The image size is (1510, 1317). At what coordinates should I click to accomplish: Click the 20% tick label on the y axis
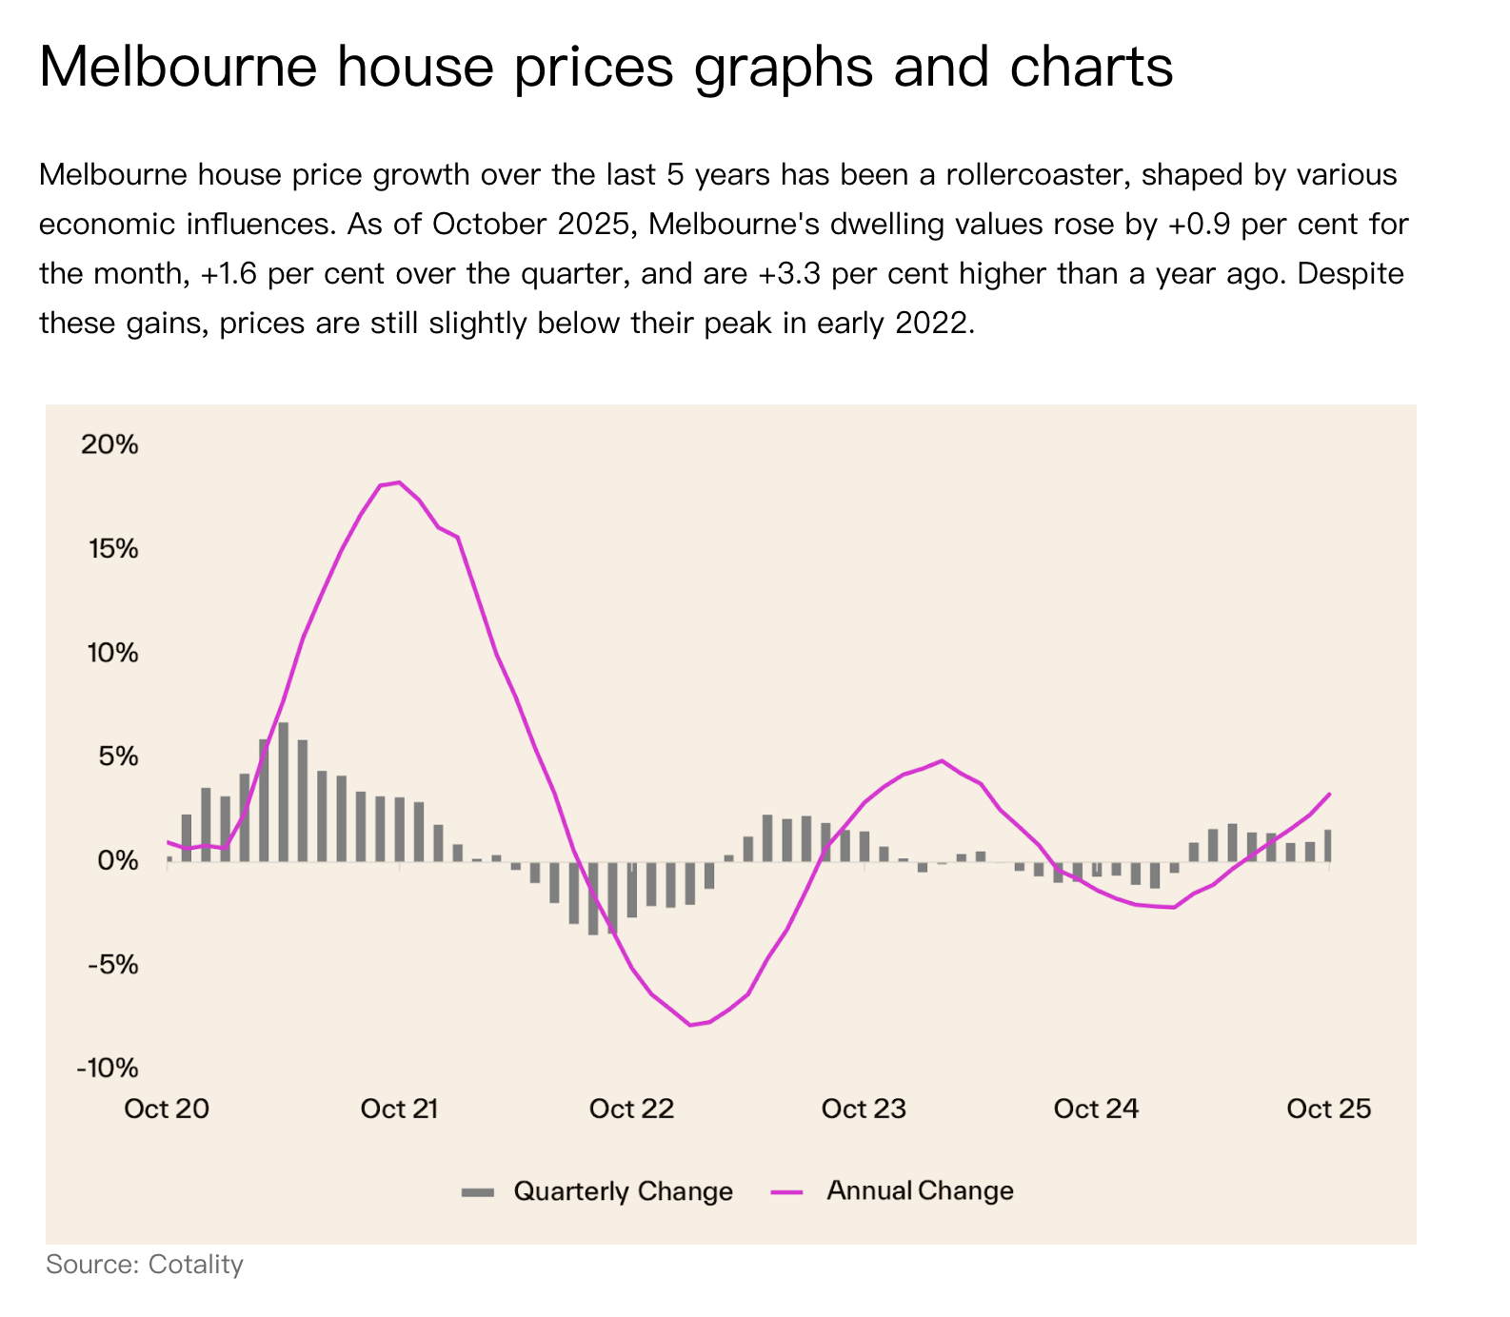pos(109,444)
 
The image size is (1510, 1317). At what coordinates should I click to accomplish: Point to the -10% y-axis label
pos(108,1068)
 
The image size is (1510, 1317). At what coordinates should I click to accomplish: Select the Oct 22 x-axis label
pos(631,1109)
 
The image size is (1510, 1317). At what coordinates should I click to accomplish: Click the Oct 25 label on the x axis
pos(1328,1109)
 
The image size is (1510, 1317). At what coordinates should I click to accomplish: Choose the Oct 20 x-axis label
pos(167,1109)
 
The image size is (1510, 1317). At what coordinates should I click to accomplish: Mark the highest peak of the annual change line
pos(398,482)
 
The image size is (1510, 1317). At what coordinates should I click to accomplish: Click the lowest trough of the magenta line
pos(690,1025)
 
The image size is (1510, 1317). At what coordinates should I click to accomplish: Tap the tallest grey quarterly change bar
pos(283,792)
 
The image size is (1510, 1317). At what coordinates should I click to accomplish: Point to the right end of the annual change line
pos(1329,794)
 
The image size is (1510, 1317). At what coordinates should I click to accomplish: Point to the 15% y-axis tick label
pos(109,549)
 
